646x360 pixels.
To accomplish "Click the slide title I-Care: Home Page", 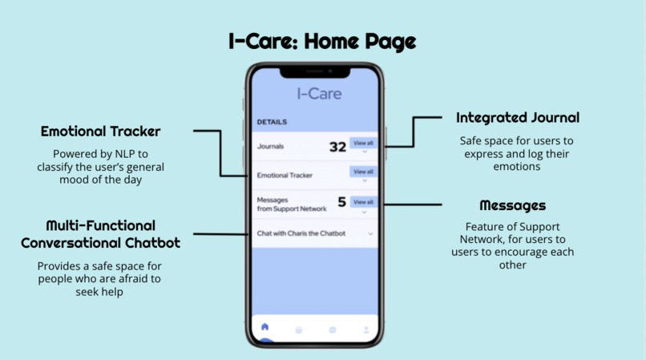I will tap(322, 41).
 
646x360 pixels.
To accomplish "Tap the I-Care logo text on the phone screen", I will tap(319, 94).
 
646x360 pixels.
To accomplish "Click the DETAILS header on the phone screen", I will tap(272, 122).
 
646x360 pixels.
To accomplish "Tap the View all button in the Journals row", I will tap(363, 144).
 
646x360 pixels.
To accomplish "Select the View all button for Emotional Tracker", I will tap(363, 172).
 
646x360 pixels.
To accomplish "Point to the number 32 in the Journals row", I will tap(337, 147).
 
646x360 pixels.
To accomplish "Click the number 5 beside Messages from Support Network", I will tap(341, 203).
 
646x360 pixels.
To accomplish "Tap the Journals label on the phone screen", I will tap(270, 147).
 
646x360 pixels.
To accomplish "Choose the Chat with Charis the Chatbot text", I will tap(301, 233).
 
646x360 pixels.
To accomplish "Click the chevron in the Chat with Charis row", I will tap(370, 234).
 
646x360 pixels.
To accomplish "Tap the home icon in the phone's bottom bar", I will tap(265, 328).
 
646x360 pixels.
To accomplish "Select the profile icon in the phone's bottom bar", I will tap(366, 330).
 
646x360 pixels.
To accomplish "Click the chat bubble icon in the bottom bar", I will tap(333, 330).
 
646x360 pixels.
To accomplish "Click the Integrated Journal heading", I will tap(517, 118).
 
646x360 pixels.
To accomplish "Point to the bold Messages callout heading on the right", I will tap(512, 206).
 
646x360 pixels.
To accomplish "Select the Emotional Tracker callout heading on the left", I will tap(101, 131).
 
